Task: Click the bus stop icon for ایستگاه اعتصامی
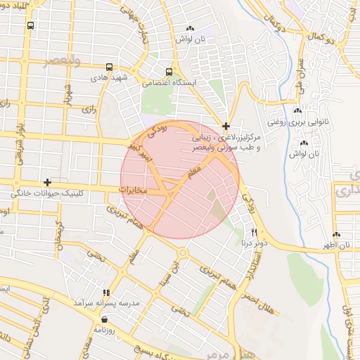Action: click(169, 72)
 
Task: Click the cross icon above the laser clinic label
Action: click(226, 127)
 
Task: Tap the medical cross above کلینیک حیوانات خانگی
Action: click(47, 182)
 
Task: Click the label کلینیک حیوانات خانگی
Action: click(48, 193)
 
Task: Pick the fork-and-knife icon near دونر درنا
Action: click(254, 232)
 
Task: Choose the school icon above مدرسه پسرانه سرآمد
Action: click(106, 292)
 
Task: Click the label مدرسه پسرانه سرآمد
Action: click(107, 302)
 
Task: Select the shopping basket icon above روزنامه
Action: click(104, 319)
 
